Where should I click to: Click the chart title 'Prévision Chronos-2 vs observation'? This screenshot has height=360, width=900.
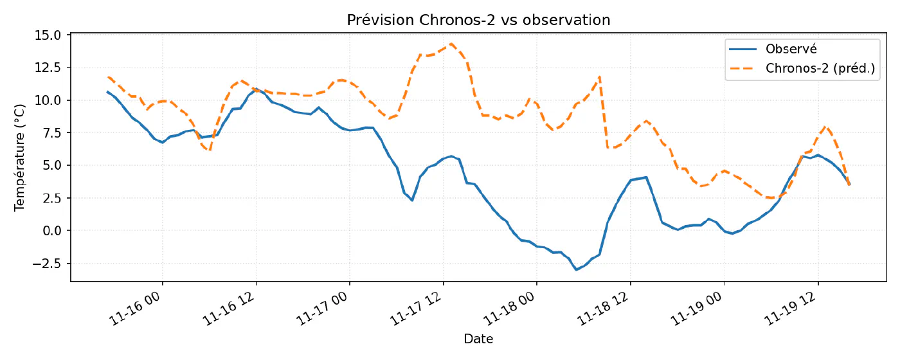(x=478, y=20)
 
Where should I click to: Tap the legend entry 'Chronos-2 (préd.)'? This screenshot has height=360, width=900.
(x=820, y=68)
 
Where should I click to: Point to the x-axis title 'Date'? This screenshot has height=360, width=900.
(x=478, y=339)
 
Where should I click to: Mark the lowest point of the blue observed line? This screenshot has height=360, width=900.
(x=576, y=269)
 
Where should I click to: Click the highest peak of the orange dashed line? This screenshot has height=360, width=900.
(x=451, y=44)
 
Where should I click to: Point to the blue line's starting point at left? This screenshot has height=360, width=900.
(x=107, y=91)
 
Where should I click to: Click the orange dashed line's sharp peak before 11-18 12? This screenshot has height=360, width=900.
(x=600, y=77)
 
